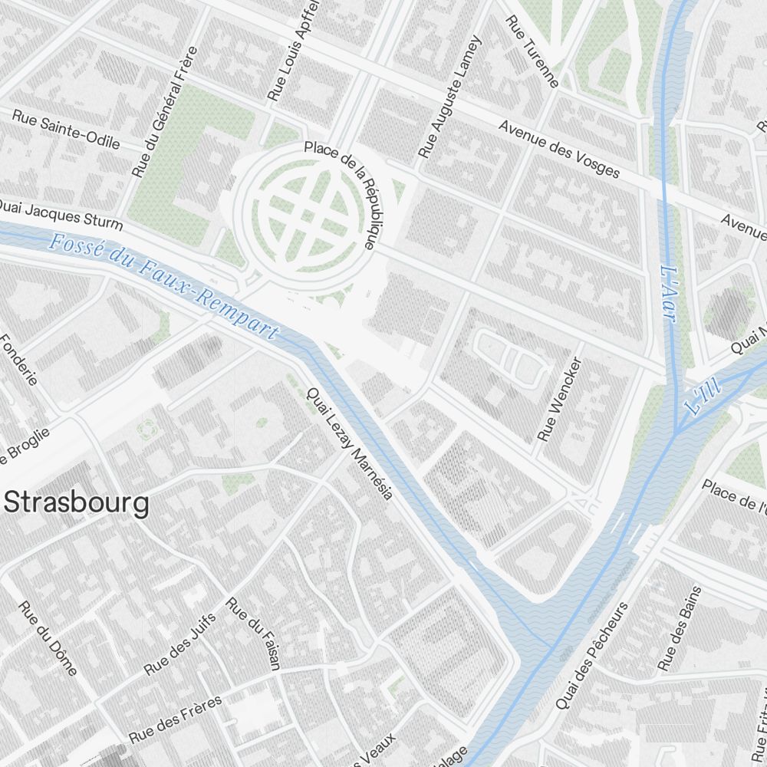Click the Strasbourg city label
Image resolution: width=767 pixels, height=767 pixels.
pos(77,504)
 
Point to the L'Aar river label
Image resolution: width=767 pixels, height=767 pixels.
pos(668,294)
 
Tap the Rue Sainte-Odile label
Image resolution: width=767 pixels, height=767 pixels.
pos(66,128)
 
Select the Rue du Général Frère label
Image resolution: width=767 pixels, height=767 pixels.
pos(164,112)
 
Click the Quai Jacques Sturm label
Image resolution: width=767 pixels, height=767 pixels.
pos(60,214)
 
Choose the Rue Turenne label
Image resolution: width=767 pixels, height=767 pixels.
pos(532,51)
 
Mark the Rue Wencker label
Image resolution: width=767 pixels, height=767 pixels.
pos(560,400)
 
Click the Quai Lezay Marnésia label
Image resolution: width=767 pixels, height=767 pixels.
pos(349,443)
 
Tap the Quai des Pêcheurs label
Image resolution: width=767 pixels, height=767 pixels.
pos(591,655)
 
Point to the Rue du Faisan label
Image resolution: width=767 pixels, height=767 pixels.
pos(254,634)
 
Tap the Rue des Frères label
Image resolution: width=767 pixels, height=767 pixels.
pos(176,719)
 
